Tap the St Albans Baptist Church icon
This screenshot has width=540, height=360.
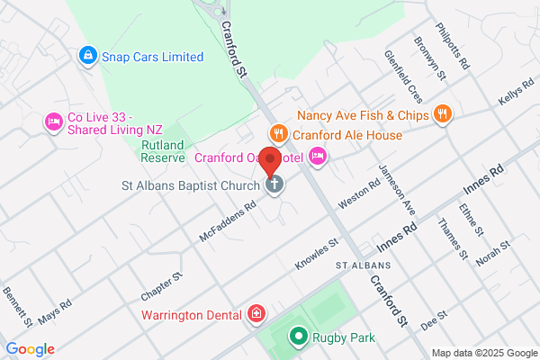tap(274, 185)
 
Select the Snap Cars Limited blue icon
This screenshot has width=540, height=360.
tap(88, 57)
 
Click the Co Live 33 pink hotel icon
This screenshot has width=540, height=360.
tap(53, 121)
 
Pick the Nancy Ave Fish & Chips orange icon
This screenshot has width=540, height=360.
tap(441, 114)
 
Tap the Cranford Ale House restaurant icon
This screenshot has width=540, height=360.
tap(278, 135)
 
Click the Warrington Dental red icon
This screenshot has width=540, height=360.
tap(256, 315)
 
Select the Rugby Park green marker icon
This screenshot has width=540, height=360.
tap(298, 337)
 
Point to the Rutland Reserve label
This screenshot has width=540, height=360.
tap(162, 149)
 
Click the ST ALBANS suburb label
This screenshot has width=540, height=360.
tap(364, 266)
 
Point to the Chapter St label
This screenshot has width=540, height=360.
tap(161, 287)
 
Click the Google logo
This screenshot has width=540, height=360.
tap(30, 349)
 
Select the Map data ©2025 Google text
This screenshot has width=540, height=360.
tap(482, 352)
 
